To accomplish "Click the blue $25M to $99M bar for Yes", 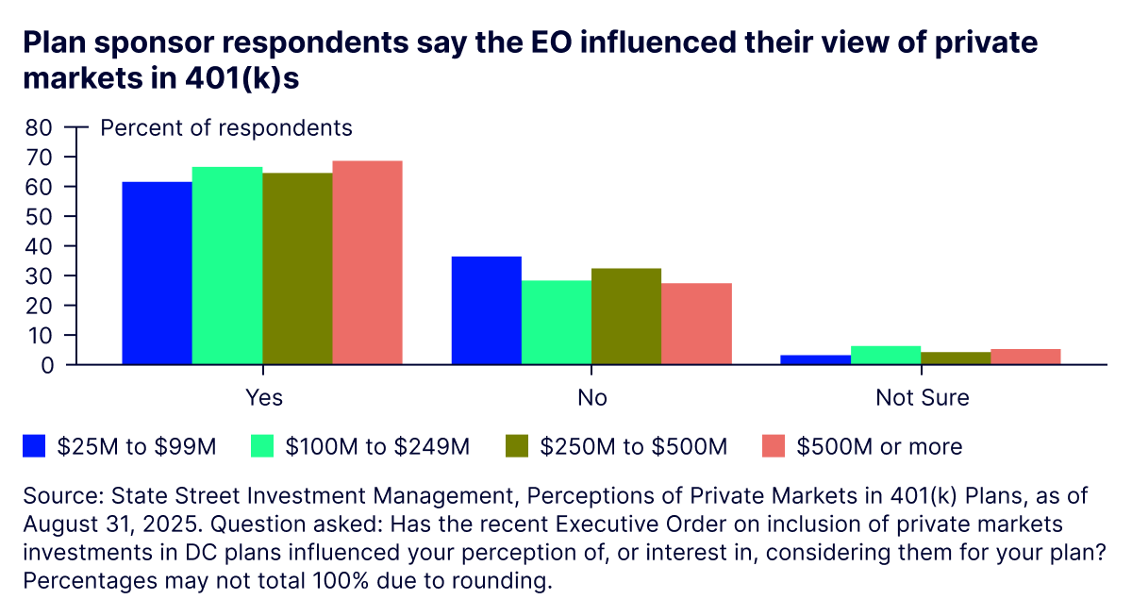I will (x=157, y=273).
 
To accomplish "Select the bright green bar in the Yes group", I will (x=227, y=265).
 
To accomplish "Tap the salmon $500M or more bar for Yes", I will (x=368, y=262).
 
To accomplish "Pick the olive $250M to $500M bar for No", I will (x=626, y=316).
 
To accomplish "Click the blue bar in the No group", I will (x=487, y=310).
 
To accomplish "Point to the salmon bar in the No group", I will (x=696, y=324).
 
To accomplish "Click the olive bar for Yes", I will (x=297, y=268).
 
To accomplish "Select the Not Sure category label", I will (x=922, y=397).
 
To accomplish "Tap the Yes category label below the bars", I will (x=263, y=397).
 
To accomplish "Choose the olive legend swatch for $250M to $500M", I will (x=517, y=446).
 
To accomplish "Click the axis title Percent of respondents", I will (x=226, y=127).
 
